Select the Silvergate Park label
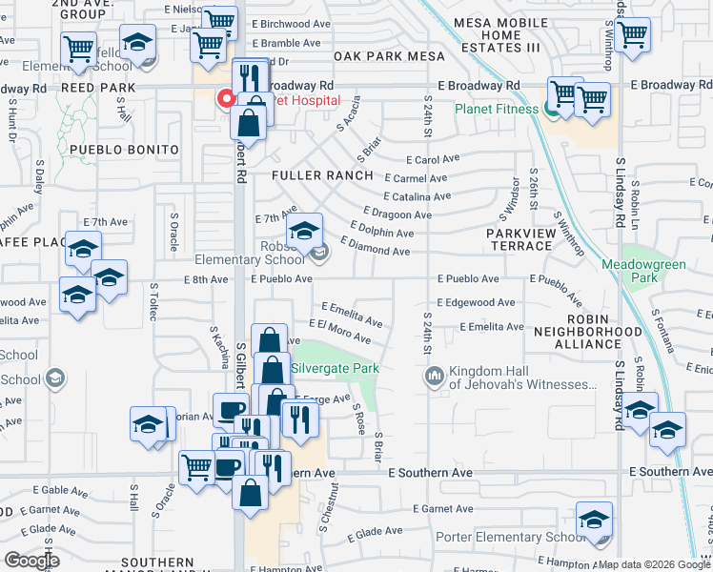(x=335, y=368)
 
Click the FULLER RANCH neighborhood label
(x=321, y=175)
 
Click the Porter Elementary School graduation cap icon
(x=594, y=521)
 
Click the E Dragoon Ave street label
(x=397, y=214)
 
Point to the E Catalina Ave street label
(x=418, y=196)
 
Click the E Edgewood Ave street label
(x=477, y=303)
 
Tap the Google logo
(x=32, y=560)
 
